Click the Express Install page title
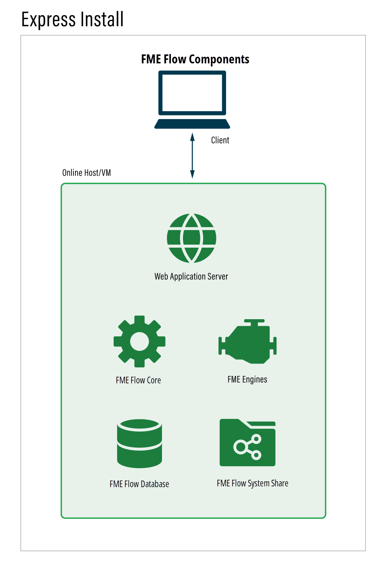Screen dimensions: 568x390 pyautogui.click(x=72, y=19)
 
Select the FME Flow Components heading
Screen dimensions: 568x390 pyautogui.click(x=195, y=59)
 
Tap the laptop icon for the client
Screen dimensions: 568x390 pyautogui.click(x=192, y=100)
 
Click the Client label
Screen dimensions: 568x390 pyautogui.click(x=220, y=140)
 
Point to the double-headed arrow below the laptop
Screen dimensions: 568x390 pyautogui.click(x=192, y=156)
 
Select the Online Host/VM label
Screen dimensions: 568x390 pyautogui.click(x=87, y=173)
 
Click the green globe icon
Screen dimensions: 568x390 pyautogui.click(x=192, y=238)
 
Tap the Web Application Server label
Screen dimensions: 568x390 pyautogui.click(x=191, y=276)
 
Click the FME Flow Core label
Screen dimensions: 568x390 pyautogui.click(x=138, y=380)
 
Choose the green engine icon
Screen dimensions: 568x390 pyautogui.click(x=247, y=342)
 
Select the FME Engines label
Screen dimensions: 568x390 pyautogui.click(x=247, y=379)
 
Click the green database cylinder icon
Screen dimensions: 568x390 pyautogui.click(x=139, y=443)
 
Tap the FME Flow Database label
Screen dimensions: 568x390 pyautogui.click(x=139, y=484)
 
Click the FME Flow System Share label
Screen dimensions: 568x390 pyautogui.click(x=252, y=483)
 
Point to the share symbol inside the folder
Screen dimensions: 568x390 pyautogui.click(x=248, y=447)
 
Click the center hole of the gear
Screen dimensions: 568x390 pyautogui.click(x=139, y=341)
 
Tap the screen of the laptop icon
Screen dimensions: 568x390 pyautogui.click(x=192, y=93)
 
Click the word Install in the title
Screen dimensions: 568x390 pyautogui.click(x=102, y=19)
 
